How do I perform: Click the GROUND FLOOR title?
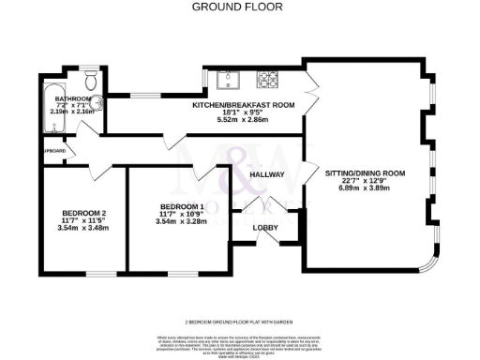[239, 7]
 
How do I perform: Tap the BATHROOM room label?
[71, 98]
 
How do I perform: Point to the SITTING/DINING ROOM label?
[365, 173]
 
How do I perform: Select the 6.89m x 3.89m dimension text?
[365, 188]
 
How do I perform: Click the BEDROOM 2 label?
[83, 212]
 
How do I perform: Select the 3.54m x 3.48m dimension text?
[83, 228]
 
